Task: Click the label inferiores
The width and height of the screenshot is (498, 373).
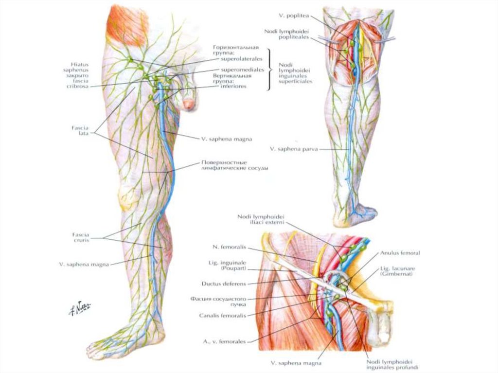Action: click(x=232, y=86)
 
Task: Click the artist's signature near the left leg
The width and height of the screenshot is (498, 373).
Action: click(x=81, y=308)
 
